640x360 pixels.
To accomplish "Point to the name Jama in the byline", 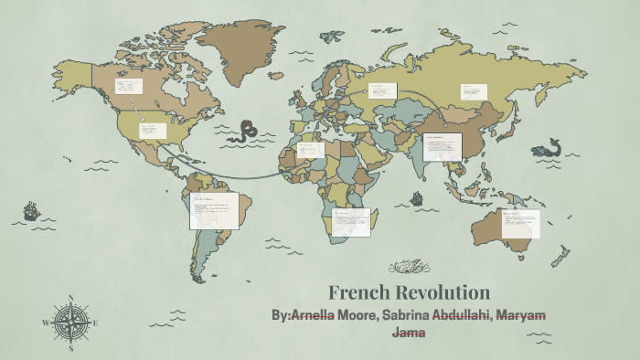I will point(409,333).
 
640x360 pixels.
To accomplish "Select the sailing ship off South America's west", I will point(31,213).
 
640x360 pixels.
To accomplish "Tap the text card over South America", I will point(215,211).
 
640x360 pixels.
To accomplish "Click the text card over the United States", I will point(153,130).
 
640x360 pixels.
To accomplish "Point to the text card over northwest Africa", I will point(310,149).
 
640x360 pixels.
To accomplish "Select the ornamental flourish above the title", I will point(410,267).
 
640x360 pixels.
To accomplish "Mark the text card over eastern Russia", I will point(474,91).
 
